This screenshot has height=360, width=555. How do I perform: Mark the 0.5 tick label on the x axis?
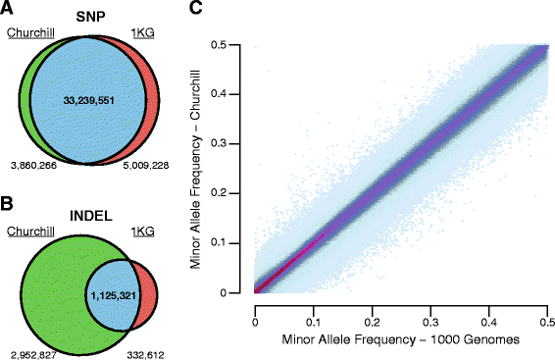point(546,307)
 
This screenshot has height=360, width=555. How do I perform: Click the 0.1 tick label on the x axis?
point(313,307)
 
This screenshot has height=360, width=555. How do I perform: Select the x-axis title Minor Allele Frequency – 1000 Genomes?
point(400,339)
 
